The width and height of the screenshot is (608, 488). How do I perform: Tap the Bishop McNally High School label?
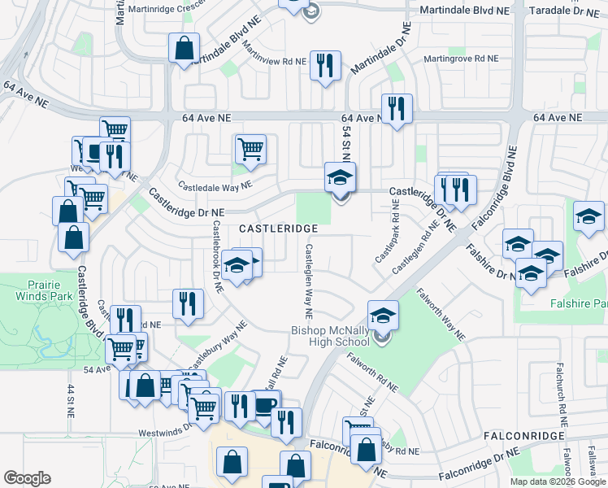pyautogui.click(x=330, y=336)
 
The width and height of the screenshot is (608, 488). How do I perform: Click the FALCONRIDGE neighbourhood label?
pyautogui.click(x=523, y=437)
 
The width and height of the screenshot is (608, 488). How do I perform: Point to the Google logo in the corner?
pyautogui.click(x=27, y=478)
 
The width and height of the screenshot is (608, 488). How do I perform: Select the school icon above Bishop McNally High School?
pyautogui.click(x=383, y=315)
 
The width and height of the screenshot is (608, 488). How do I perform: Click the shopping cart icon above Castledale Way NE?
pyautogui.click(x=250, y=149)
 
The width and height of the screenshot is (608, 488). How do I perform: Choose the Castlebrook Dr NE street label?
pyautogui.click(x=217, y=257)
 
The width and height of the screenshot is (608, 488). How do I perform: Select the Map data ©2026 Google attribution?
pyautogui.click(x=558, y=481)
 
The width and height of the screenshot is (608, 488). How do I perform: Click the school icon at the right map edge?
pyautogui.click(x=588, y=216)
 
